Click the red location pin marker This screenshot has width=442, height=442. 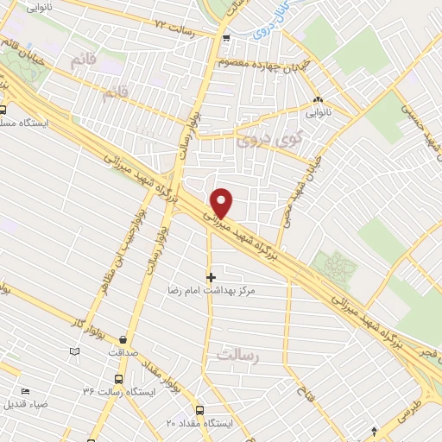(x=222, y=203)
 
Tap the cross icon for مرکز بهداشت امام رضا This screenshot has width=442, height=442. (x=211, y=277)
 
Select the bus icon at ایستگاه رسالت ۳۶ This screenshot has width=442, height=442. (x=117, y=378)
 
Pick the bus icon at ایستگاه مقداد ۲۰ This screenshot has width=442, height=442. (x=200, y=410)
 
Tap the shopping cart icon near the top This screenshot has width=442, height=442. (x=224, y=37)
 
